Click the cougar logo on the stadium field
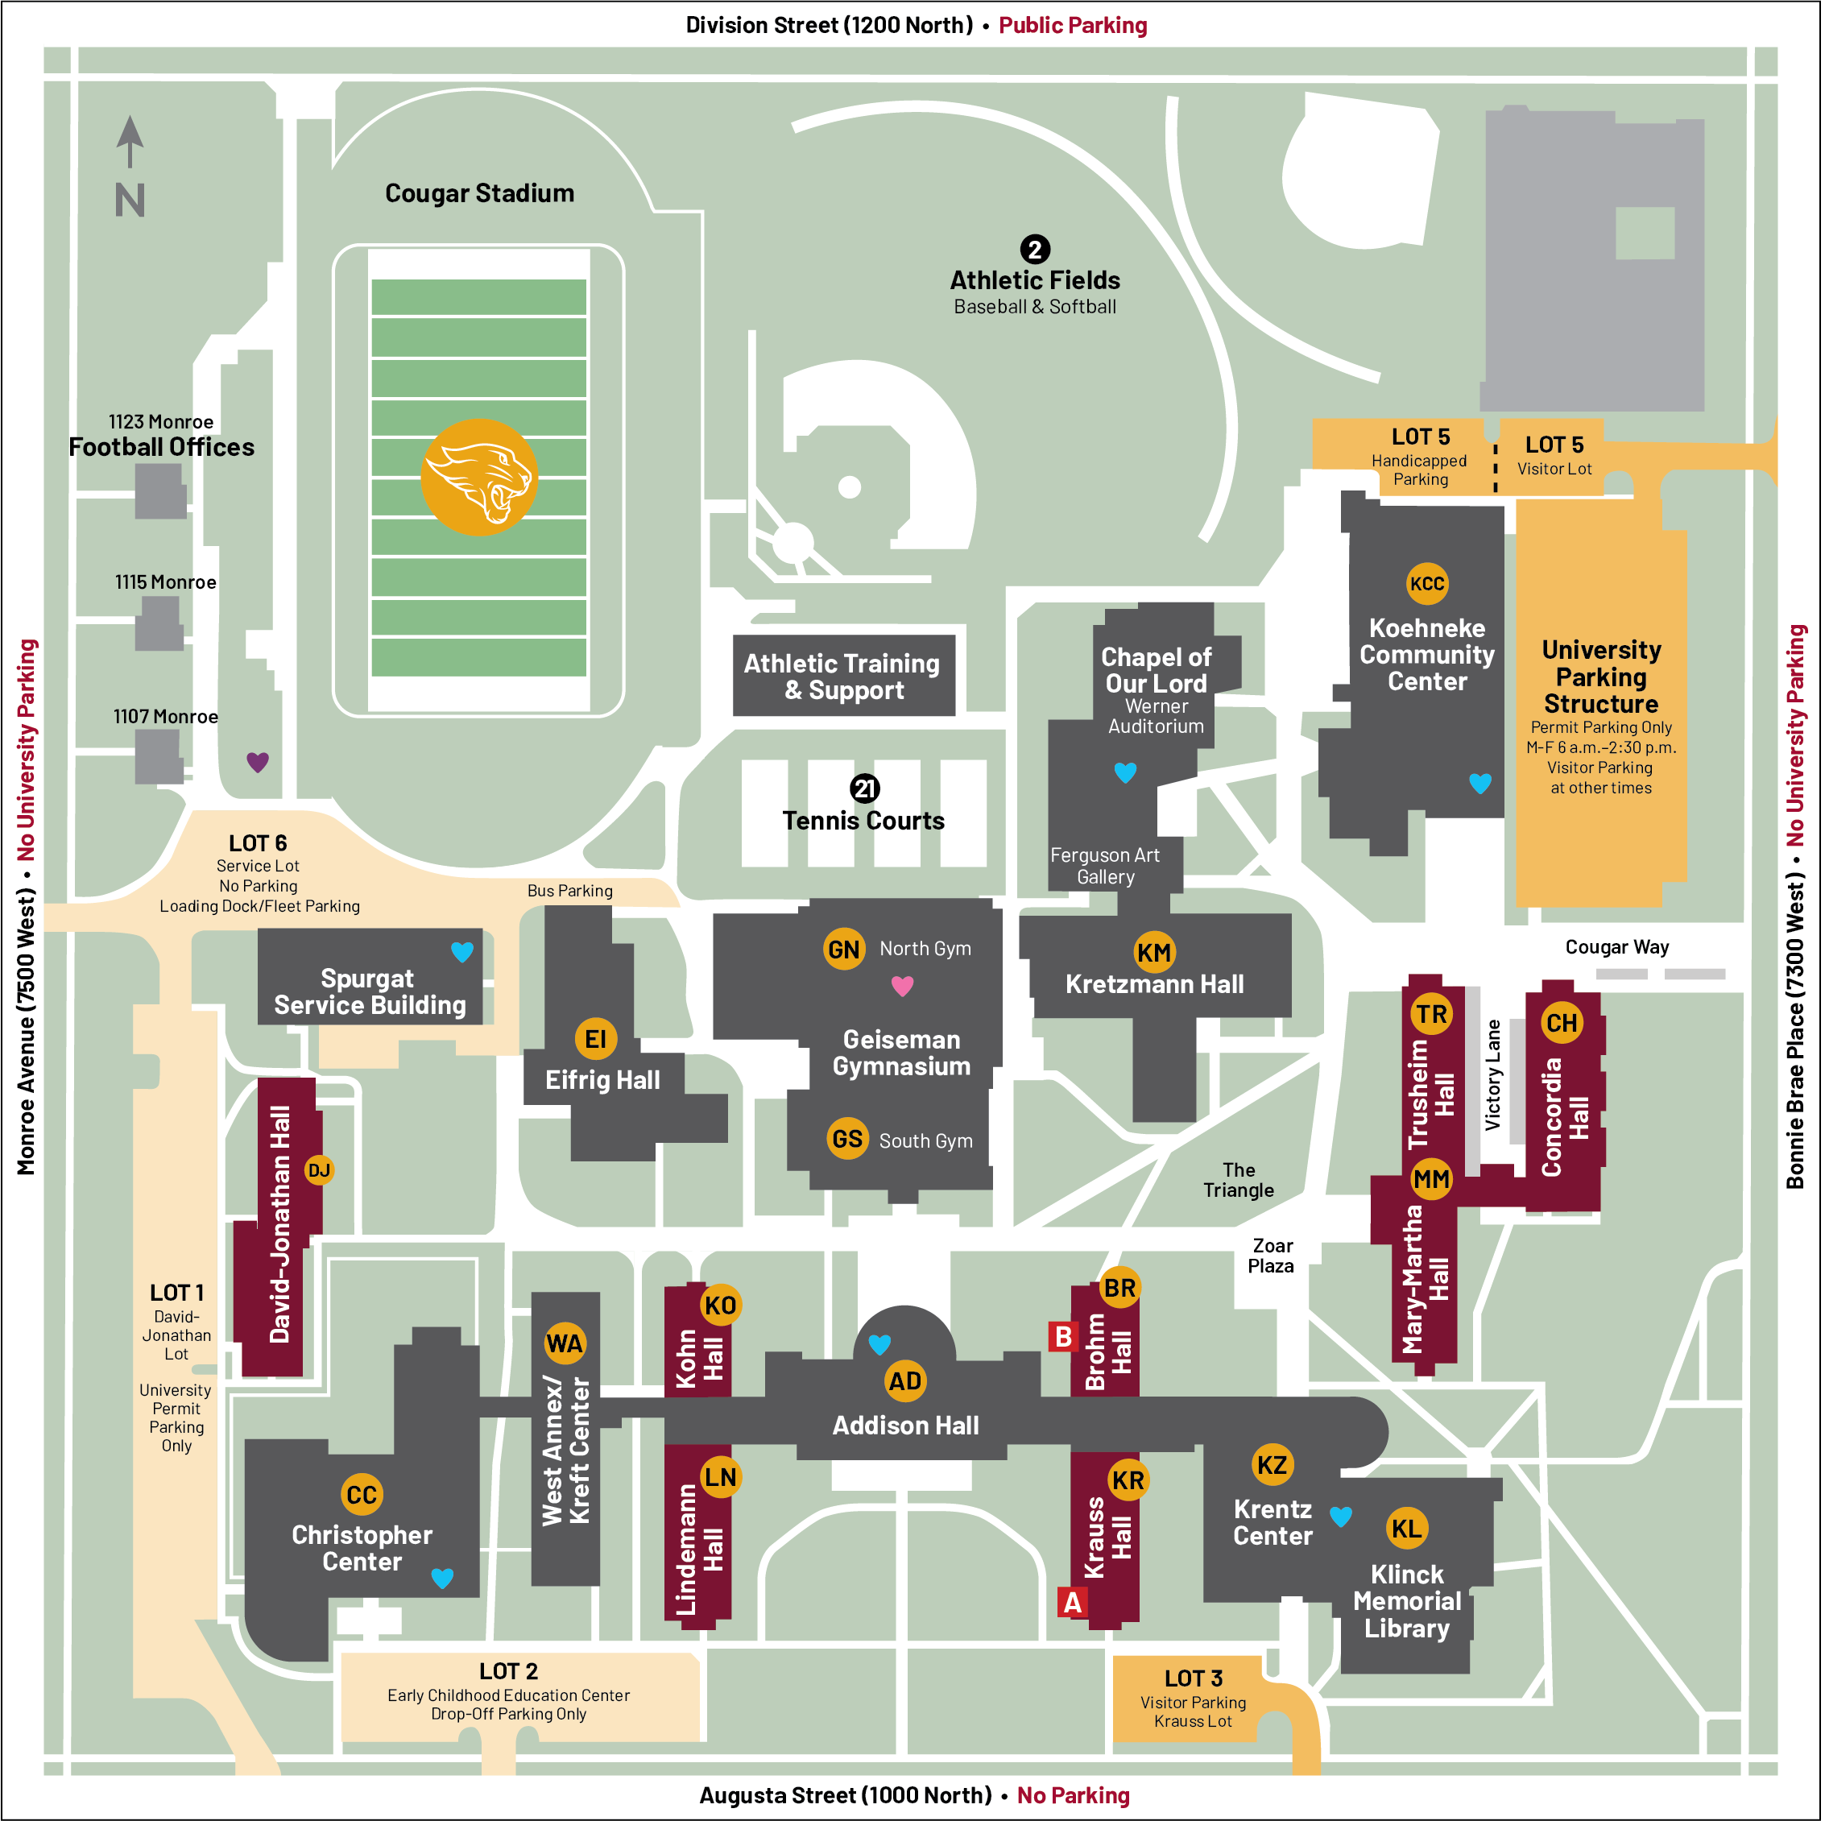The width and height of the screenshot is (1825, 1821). coord(479,478)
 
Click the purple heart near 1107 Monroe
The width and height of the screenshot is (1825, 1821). coord(258,762)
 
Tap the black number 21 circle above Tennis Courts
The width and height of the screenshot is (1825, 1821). coord(865,788)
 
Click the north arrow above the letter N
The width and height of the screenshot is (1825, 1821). coord(130,142)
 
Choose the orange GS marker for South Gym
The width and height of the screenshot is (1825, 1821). coord(848,1140)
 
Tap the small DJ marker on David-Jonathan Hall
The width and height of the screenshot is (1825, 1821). coord(319,1171)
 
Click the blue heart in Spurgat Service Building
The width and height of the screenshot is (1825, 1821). coord(463,953)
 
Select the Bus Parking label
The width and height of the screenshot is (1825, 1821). coord(570,892)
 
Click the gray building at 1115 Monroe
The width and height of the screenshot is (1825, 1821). coord(159,623)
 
